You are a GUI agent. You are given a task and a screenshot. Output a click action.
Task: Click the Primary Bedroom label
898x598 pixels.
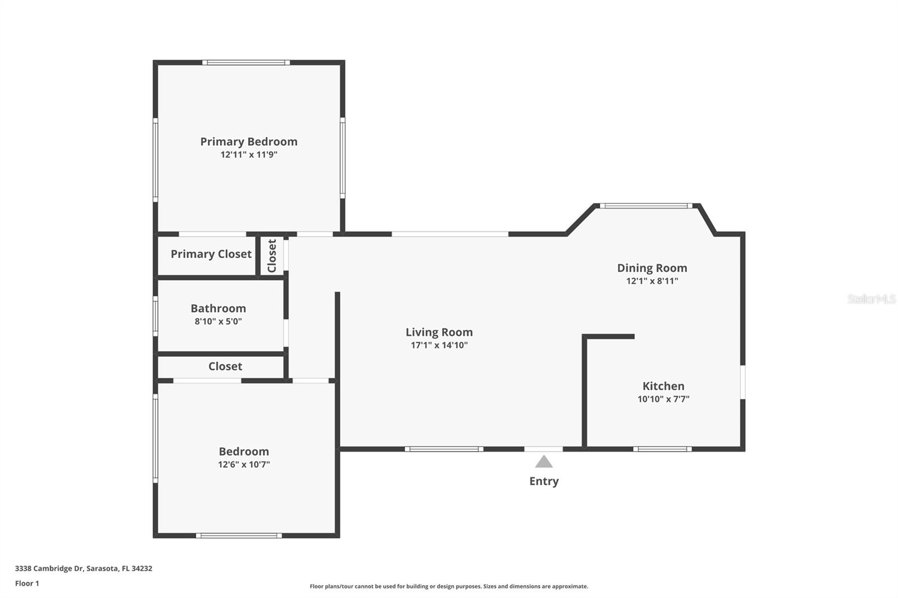(x=249, y=141)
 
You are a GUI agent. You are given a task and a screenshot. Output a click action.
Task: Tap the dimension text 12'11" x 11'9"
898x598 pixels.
(x=249, y=155)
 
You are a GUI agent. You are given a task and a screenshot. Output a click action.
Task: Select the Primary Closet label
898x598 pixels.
(x=211, y=254)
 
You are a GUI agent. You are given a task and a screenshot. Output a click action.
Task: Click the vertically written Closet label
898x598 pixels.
(x=272, y=256)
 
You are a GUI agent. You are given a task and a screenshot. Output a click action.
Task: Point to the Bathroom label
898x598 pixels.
(x=218, y=308)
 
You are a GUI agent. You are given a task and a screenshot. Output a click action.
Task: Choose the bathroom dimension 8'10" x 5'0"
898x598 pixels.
(x=218, y=321)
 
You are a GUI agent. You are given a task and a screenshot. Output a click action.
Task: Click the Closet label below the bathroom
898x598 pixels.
(x=225, y=366)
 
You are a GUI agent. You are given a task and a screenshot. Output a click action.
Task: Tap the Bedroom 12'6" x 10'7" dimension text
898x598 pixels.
(x=244, y=464)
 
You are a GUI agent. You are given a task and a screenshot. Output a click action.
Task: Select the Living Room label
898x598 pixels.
(x=439, y=332)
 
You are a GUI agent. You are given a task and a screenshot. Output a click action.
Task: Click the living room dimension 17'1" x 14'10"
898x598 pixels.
(x=439, y=345)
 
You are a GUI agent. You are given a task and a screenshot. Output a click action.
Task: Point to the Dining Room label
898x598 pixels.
(x=652, y=268)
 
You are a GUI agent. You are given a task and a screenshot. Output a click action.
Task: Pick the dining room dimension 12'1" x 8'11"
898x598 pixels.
(x=652, y=281)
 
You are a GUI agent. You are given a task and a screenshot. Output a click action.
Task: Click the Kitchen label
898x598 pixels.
(x=663, y=386)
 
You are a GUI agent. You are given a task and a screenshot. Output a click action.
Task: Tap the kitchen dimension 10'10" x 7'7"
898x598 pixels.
(x=663, y=399)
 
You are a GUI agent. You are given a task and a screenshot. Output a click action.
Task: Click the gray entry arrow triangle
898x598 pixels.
(x=543, y=462)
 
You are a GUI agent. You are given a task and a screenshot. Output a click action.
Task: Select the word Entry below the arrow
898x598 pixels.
(x=544, y=481)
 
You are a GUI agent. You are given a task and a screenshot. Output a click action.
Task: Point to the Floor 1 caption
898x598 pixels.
(x=27, y=583)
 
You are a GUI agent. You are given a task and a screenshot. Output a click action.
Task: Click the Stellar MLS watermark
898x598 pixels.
(x=872, y=299)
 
